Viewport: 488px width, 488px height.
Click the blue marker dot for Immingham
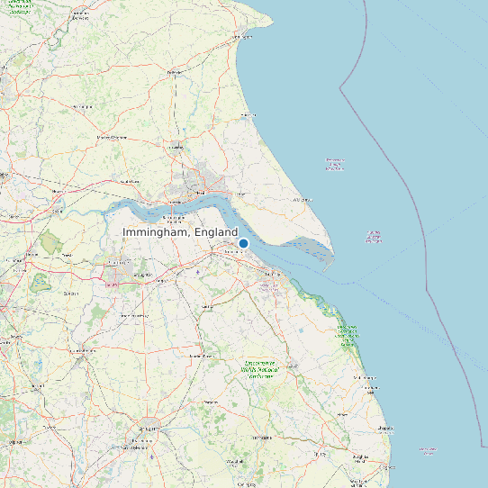pos(243,243)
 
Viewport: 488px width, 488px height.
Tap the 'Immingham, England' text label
pos(180,232)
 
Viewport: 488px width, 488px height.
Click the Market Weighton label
pos(112,137)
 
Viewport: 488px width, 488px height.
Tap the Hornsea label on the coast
pos(249,115)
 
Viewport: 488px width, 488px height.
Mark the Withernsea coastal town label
pos(302,199)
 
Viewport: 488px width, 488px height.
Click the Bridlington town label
pos(240,37)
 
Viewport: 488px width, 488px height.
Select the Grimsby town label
pos(267,286)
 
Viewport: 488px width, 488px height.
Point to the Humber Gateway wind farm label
pos(374,237)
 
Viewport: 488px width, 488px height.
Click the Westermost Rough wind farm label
pos(334,165)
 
